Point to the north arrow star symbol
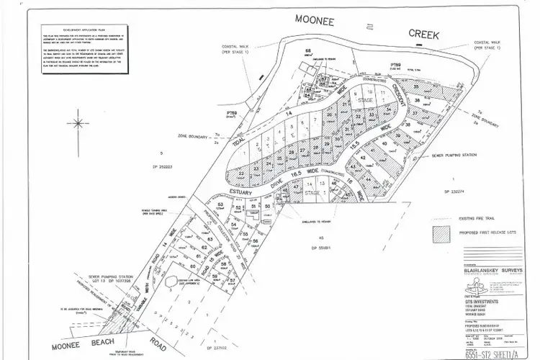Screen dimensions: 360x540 [77, 123]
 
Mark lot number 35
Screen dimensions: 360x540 [415, 86]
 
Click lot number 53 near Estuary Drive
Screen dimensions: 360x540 [220, 206]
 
